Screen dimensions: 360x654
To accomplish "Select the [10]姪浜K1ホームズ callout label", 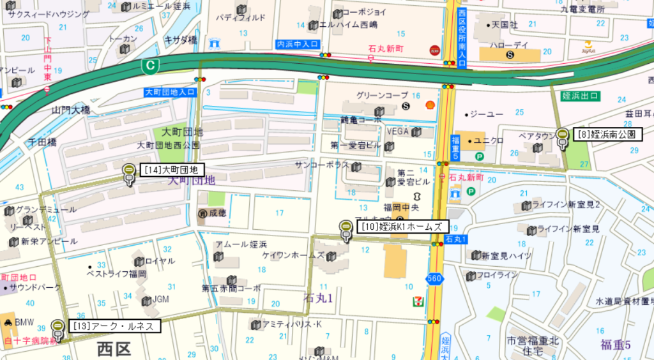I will coord(402,227).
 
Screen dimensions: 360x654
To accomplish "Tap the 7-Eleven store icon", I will coord(417,299).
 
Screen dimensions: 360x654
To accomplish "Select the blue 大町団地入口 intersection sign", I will coord(169,92).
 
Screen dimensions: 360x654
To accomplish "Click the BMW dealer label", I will coord(24,321).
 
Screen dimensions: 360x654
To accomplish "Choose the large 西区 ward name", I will coord(114,349).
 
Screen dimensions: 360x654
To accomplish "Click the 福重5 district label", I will coord(615,345).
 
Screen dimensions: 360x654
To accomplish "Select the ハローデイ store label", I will coord(508,45).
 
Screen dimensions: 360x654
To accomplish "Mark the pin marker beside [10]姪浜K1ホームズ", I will coord(346,229).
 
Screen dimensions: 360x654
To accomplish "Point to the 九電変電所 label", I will coord(582,9).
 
